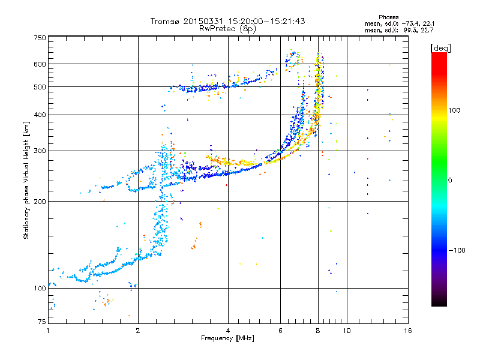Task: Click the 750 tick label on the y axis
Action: pyautogui.click(x=40, y=38)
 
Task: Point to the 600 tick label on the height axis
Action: pyautogui.click(x=40, y=64)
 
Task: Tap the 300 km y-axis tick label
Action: pyautogui.click(x=40, y=151)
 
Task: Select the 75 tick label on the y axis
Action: pyautogui.click(x=42, y=322)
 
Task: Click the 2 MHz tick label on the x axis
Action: pyautogui.click(x=138, y=331)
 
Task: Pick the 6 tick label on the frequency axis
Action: pyautogui.click(x=280, y=331)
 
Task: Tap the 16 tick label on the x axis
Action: pyautogui.click(x=408, y=331)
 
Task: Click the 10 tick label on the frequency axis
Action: pyautogui.click(x=347, y=331)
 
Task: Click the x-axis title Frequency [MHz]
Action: pyautogui.click(x=227, y=338)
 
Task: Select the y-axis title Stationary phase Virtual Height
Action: pyautogui.click(x=26, y=180)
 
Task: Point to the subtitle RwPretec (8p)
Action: pyautogui.click(x=227, y=29)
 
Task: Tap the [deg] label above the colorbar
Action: pyautogui.click(x=440, y=48)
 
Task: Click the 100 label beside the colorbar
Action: pyautogui.click(x=454, y=110)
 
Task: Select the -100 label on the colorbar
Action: pyautogui.click(x=457, y=250)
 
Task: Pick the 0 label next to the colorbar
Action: pyautogui.click(x=450, y=181)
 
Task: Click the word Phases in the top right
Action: pyautogui.click(x=388, y=17)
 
